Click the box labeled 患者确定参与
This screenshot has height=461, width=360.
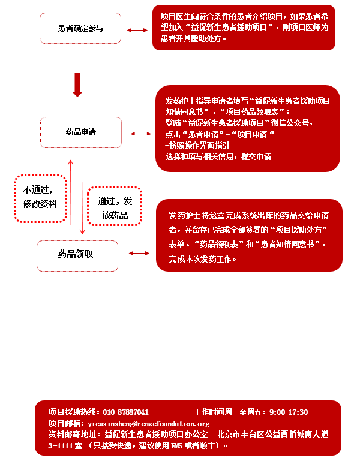click(80, 28)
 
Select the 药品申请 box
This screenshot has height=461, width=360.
click(81, 132)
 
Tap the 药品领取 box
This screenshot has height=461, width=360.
click(77, 256)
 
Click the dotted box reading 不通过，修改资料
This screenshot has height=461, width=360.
click(40, 198)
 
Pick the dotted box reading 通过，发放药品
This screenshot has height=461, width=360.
click(115, 206)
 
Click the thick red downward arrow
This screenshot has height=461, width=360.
click(77, 85)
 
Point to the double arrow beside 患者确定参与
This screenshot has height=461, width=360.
click(137, 30)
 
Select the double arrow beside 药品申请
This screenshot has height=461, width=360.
click(141, 134)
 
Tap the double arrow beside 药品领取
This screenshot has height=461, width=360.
click(139, 253)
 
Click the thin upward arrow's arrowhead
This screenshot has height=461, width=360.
click(70, 162)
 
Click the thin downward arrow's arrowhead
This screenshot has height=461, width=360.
click(82, 231)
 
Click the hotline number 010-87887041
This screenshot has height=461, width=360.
click(125, 412)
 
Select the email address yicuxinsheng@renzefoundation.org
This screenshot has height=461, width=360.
click(149, 424)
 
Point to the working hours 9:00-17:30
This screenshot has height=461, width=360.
click(289, 412)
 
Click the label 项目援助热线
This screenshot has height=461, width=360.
click(72, 412)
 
